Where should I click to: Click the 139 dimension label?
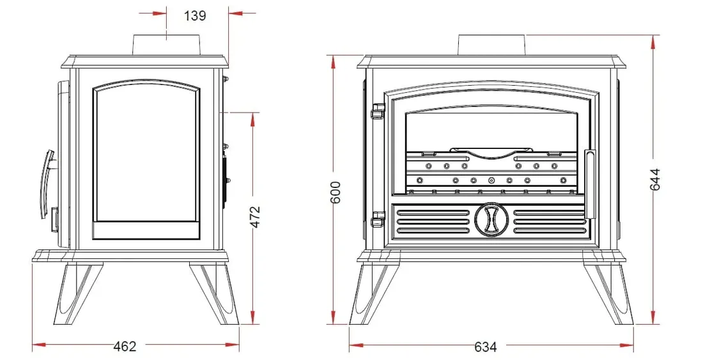tap(196, 16)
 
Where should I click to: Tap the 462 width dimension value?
tap(125, 346)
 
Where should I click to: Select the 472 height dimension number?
tap(254, 217)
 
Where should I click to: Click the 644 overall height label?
tap(654, 180)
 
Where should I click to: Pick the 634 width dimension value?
tap(486, 347)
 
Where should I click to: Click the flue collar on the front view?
tap(491, 45)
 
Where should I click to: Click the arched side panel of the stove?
tap(146, 160)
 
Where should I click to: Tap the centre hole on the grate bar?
tap(491, 180)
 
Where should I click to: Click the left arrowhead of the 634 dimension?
tap(353, 347)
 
